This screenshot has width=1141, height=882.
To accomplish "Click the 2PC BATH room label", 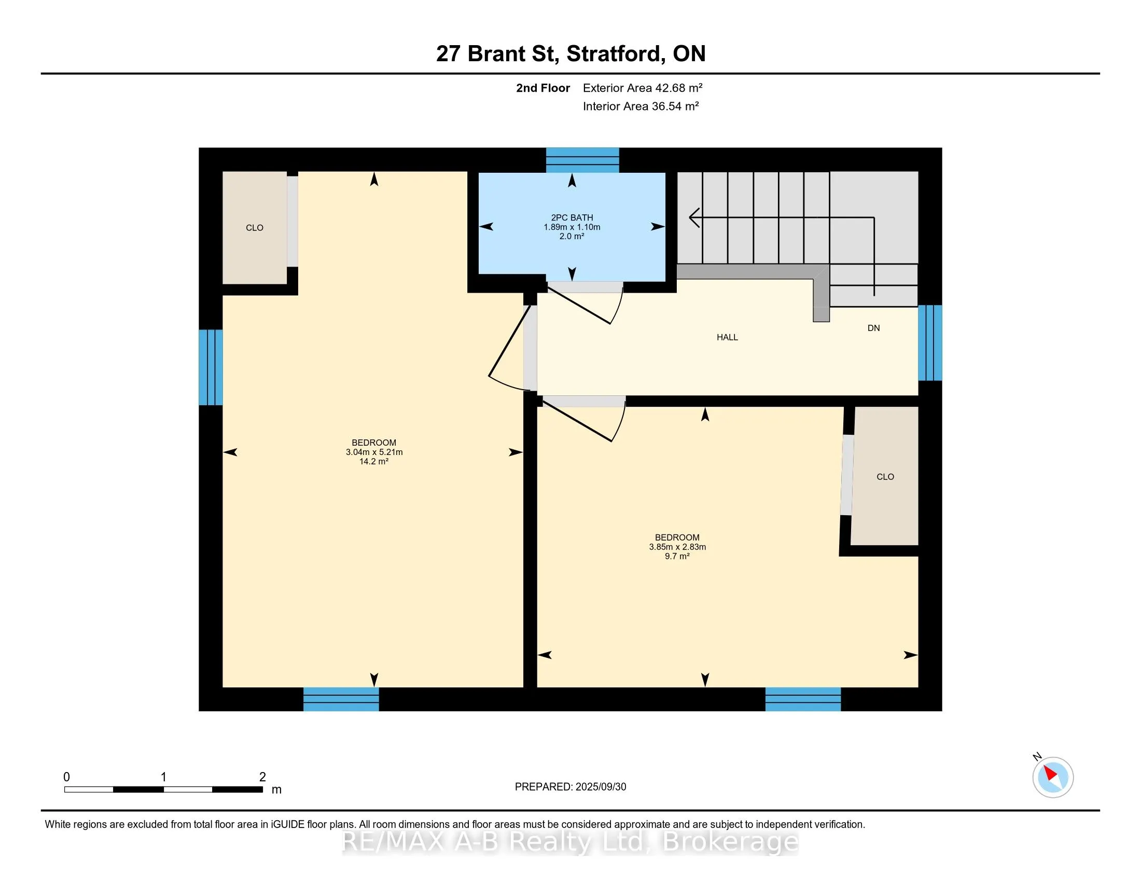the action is pos(572,217).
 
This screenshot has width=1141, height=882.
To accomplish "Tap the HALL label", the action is pos(727,338).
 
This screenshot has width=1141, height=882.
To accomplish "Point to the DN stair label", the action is pos(873,328).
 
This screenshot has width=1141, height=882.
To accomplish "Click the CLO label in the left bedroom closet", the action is pos(255,228).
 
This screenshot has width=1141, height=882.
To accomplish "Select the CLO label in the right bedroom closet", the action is pos(885,476).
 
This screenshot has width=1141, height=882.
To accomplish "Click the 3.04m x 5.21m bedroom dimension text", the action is pos(374,452).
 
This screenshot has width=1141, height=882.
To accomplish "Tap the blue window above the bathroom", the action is pos(582,160).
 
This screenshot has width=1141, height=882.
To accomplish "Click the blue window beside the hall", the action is pos(930,343).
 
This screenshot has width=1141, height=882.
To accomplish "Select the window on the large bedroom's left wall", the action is pos(211,367).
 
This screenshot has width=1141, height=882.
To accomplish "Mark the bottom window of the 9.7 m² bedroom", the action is pos(803,699).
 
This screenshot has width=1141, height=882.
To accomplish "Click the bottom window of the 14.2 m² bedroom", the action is pos(341,699).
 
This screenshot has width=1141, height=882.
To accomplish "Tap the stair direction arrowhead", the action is pos(694,217).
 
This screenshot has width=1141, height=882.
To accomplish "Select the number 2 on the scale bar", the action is pos(262,777).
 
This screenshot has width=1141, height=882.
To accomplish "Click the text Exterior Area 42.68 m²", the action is pos(643,88).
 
